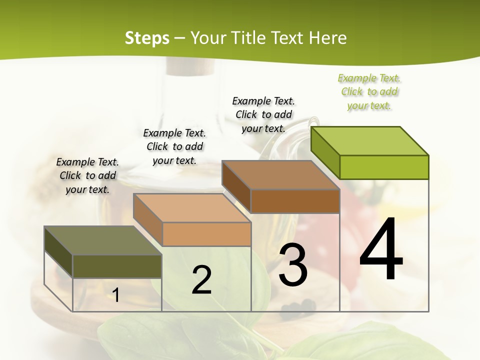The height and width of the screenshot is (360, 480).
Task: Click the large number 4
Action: [381, 248]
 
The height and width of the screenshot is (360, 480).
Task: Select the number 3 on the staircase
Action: [293, 265]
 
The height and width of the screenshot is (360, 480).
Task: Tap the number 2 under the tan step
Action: [201, 280]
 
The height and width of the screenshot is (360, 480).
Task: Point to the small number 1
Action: [116, 295]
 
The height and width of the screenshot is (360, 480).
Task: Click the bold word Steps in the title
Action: [146, 38]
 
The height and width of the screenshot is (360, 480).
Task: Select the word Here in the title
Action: [328, 38]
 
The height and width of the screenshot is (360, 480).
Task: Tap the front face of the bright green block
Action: [384, 167]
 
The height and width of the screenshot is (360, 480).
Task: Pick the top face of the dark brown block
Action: [280, 175]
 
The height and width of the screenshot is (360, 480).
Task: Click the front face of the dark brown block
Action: [295, 201]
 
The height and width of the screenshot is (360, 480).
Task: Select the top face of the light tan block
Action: [192, 208]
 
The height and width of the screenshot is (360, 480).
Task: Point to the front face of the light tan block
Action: [206, 234]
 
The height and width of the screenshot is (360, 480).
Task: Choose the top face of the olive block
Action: [103, 240]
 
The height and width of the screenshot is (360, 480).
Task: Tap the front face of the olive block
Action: [117, 266]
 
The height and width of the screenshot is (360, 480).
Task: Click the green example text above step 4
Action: [369, 92]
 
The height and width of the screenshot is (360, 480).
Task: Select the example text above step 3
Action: [263, 114]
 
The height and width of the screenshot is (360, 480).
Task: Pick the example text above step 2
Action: [174, 146]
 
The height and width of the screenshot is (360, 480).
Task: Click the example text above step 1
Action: [87, 175]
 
